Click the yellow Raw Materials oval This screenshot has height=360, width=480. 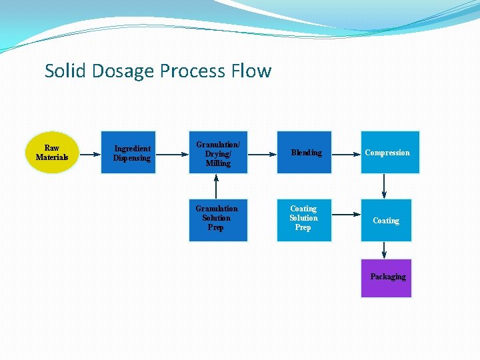[x=52, y=153]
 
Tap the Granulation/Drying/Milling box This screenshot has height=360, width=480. [x=218, y=153]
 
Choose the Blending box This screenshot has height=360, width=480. [x=306, y=153]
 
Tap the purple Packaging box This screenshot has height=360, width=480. [x=387, y=277]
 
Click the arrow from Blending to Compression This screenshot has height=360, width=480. [x=346, y=153]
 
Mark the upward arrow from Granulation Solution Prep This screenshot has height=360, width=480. [x=216, y=187]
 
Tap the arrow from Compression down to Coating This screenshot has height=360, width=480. [x=384, y=186]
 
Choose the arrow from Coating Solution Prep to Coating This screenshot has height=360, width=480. [x=346, y=215]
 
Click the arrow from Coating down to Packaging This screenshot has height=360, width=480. [x=384, y=250]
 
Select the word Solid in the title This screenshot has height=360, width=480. [x=64, y=71]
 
